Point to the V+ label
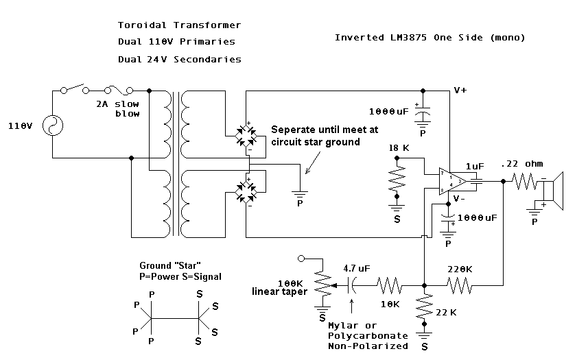(460, 90)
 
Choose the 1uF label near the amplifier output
(475, 167)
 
